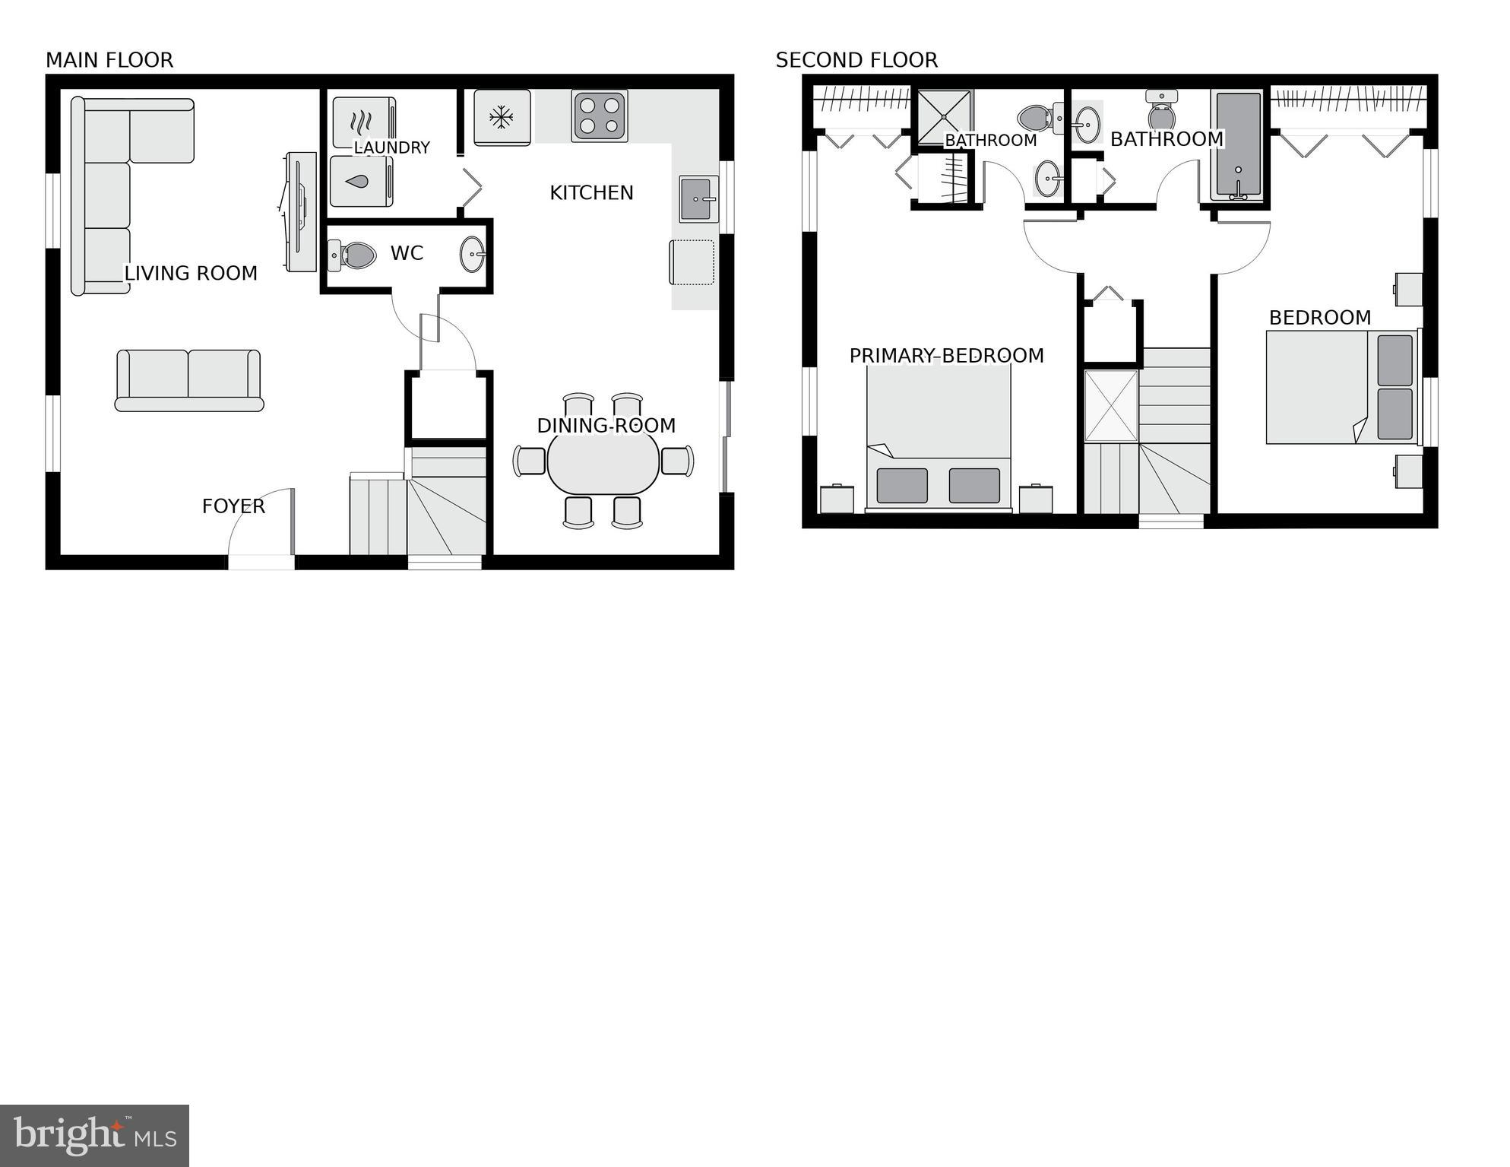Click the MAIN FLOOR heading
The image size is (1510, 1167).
pyautogui.click(x=109, y=60)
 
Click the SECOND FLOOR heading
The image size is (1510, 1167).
pyautogui.click(x=856, y=60)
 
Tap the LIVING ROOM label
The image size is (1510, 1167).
pyautogui.click(x=191, y=274)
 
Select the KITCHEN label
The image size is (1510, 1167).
pyautogui.click(x=591, y=193)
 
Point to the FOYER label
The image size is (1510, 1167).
pyautogui.click(x=233, y=506)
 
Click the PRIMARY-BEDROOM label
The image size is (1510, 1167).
pyautogui.click(x=946, y=356)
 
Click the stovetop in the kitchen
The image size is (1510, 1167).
pyautogui.click(x=600, y=116)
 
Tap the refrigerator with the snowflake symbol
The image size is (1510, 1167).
pyautogui.click(x=502, y=117)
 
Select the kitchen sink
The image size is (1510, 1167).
pyautogui.click(x=698, y=199)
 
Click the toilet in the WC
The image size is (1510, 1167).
pyautogui.click(x=353, y=255)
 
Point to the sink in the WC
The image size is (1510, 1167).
pyautogui.click(x=472, y=254)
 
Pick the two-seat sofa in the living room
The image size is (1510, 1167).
pyautogui.click(x=189, y=380)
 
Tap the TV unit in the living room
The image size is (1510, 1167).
pyautogui.click(x=302, y=211)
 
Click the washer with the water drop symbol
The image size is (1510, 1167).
pyautogui.click(x=362, y=181)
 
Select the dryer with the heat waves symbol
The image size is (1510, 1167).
pyautogui.click(x=363, y=122)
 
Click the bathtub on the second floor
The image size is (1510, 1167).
pyautogui.click(x=1238, y=145)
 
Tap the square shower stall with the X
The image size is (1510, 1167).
pyautogui.click(x=944, y=116)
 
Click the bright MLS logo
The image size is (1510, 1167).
pyautogui.click(x=95, y=1135)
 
